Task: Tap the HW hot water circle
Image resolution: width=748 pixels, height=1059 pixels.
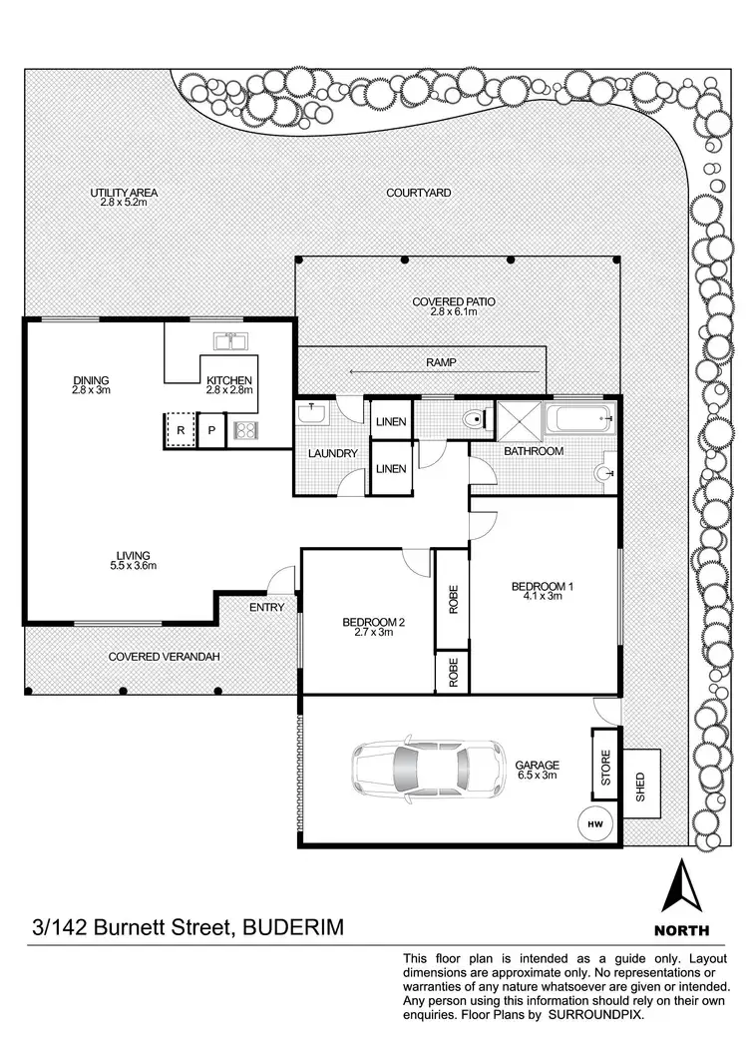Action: coord(595,824)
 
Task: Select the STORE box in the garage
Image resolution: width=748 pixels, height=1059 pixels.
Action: coord(604,764)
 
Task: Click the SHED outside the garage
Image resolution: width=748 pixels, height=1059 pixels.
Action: coord(640,784)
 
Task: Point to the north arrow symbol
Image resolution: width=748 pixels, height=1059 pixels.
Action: coord(682,885)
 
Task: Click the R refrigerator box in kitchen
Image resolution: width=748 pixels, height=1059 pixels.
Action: coord(181,430)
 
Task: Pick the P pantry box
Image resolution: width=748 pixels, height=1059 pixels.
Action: coord(211,430)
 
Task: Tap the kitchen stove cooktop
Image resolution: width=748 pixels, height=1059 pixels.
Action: coord(245,430)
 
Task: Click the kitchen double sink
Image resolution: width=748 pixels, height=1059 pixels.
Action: coord(230,341)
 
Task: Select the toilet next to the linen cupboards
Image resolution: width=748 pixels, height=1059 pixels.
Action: coord(475,419)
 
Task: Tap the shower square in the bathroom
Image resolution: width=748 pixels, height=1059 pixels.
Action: coord(518,418)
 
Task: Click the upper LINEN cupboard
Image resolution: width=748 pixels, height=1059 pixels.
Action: coord(391,422)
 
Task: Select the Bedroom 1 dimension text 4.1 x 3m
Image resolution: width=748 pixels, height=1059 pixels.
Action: coord(542,597)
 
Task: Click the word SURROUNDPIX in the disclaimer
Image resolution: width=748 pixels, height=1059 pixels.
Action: coord(597,1014)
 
